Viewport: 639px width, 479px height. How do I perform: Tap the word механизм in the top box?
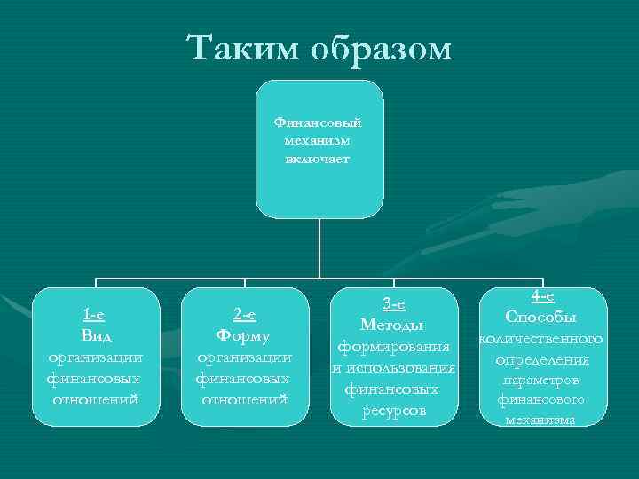pyautogui.click(x=319, y=140)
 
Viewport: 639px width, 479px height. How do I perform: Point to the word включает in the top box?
pyautogui.click(x=319, y=159)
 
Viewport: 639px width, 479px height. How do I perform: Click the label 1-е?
pyautogui.click(x=95, y=314)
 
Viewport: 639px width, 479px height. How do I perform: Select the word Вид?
pyautogui.click(x=95, y=335)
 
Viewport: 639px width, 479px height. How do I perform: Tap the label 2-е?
pyautogui.click(x=244, y=314)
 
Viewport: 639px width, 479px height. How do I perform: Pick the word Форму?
pyautogui.click(x=244, y=335)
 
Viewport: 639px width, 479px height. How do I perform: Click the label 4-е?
pyautogui.click(x=541, y=297)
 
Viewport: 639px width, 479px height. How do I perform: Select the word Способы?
pyautogui.click(x=541, y=318)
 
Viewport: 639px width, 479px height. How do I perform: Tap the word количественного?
pyautogui.click(x=541, y=339)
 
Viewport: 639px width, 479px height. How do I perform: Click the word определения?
pyautogui.click(x=541, y=360)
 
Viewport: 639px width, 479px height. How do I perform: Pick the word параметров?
pyautogui.click(x=541, y=381)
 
